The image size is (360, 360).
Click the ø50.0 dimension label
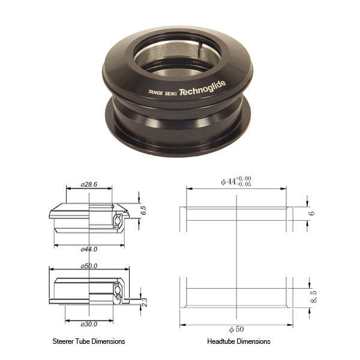point(89,265)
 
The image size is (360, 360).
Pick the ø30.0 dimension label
point(89,325)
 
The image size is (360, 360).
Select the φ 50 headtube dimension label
point(237,330)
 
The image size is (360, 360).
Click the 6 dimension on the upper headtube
point(312,214)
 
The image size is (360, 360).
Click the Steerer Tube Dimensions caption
point(89,341)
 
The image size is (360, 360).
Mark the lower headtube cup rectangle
point(237,299)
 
